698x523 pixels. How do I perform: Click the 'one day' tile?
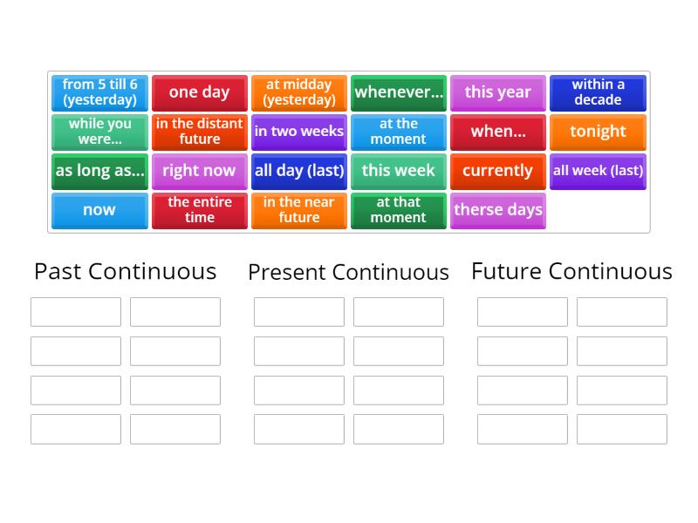[199, 92]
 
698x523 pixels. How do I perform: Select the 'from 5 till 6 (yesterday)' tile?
[99, 92]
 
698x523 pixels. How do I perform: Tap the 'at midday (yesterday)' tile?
[298, 92]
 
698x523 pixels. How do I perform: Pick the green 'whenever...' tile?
[399, 92]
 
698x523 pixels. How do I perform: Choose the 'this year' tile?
[498, 92]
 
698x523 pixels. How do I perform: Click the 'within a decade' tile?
[598, 92]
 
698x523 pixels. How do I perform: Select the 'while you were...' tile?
[99, 132]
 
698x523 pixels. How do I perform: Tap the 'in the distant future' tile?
[199, 132]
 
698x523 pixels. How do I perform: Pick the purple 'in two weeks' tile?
[298, 132]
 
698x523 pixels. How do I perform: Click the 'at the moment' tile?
[399, 132]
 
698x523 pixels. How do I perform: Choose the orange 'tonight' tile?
[598, 132]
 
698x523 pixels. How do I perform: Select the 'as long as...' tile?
[99, 171]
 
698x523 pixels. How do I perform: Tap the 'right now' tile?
[199, 171]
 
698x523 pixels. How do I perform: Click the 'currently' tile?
[498, 171]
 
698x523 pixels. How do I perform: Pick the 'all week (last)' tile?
[598, 171]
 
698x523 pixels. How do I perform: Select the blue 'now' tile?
[99, 210]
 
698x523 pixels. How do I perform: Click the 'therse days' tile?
[498, 210]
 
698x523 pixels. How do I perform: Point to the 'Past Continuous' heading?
[125, 271]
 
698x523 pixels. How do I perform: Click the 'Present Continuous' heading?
[348, 272]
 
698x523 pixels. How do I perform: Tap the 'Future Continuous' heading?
[571, 271]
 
